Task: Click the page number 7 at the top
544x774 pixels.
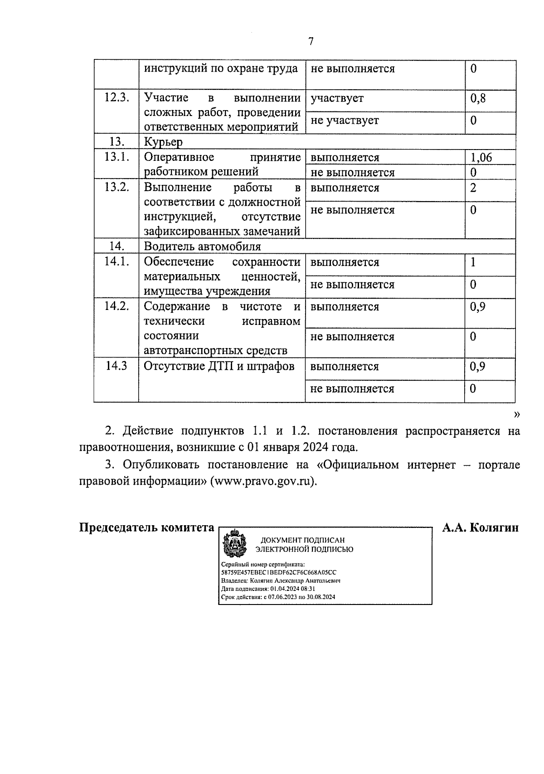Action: coord(311,42)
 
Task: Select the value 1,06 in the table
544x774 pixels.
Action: coord(481,157)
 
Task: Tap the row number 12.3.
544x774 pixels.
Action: coord(117,98)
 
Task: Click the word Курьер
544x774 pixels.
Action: coord(163,142)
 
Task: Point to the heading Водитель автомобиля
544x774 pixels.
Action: coord(202,247)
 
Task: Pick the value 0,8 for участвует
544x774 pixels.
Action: coord(478,98)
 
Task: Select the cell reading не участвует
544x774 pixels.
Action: coord(345,121)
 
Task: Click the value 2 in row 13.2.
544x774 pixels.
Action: coord(473,188)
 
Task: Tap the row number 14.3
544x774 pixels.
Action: coord(116,366)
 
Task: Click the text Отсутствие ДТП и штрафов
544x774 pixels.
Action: coord(219,366)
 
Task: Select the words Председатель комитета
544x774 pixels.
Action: coord(147,528)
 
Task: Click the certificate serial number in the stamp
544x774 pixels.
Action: coord(278,572)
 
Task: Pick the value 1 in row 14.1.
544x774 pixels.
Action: coord(473,262)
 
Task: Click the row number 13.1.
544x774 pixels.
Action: coord(117,157)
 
